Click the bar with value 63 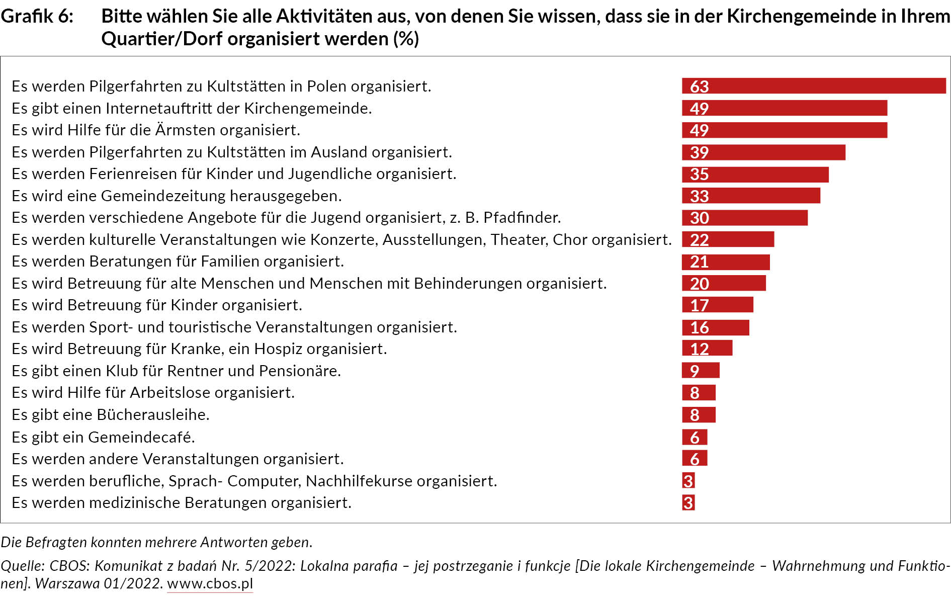(x=814, y=86)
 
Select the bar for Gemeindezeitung (x=751, y=196)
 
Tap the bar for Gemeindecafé (x=695, y=437)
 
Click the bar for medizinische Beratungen (x=688, y=502)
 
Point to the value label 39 (x=699, y=152)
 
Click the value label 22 (x=699, y=240)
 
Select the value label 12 (x=699, y=349)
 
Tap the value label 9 (x=695, y=371)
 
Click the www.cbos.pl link (x=210, y=584)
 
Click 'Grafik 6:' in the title (x=37, y=17)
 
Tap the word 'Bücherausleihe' (x=152, y=415)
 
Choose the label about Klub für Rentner (x=176, y=371)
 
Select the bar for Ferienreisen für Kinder (x=755, y=174)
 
